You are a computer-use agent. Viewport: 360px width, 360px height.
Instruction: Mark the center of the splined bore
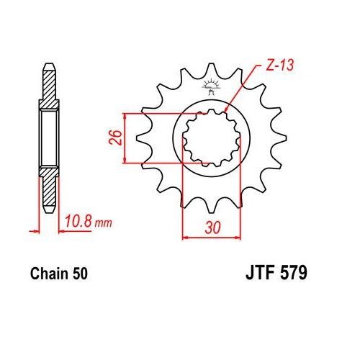[x=209, y=138]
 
